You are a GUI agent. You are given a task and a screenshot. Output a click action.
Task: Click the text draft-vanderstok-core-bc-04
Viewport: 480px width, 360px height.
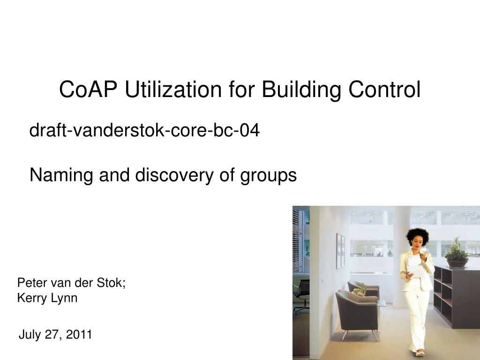[x=144, y=131]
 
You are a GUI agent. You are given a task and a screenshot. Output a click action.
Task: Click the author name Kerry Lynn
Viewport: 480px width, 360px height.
[x=47, y=298]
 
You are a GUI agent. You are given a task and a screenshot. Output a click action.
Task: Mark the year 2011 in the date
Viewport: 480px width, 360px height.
[x=79, y=335]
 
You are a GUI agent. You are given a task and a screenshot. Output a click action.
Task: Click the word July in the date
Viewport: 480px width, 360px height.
[x=30, y=335]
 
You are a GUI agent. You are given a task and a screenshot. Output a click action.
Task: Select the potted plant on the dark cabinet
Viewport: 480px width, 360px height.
[x=456, y=253]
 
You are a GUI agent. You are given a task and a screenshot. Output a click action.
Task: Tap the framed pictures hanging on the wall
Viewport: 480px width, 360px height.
[x=340, y=251]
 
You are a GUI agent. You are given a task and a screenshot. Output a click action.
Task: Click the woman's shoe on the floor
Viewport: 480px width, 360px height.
[x=419, y=352]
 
